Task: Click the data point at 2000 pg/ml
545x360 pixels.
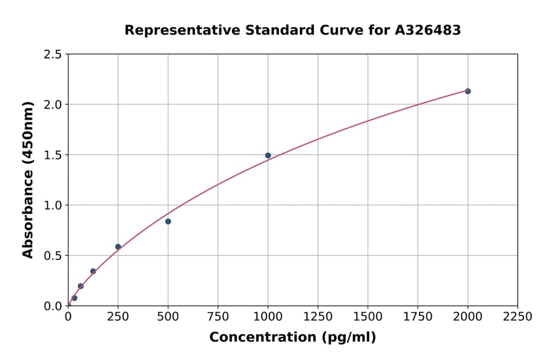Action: (467, 91)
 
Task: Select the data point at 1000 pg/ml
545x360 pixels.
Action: (268, 155)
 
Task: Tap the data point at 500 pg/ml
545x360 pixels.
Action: (168, 221)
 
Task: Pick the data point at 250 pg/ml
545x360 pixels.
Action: (118, 247)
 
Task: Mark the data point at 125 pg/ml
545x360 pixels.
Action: (93, 271)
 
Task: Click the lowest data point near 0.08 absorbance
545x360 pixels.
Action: (74, 298)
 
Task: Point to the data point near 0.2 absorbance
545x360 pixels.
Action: (81, 286)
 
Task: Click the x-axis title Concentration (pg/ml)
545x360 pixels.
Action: (292, 338)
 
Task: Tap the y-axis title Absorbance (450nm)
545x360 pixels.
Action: (28, 180)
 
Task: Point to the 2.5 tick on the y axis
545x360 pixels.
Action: (53, 55)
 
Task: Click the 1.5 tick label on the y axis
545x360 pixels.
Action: (53, 155)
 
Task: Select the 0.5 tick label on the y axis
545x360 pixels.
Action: (53, 256)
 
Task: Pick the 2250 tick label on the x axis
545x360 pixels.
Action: (517, 317)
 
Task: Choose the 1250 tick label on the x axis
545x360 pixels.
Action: (317, 317)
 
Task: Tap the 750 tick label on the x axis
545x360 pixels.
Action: (217, 317)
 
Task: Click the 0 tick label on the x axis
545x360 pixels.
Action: (68, 317)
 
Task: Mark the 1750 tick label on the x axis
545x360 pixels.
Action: (417, 317)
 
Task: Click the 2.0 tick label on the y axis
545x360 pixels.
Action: (53, 105)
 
